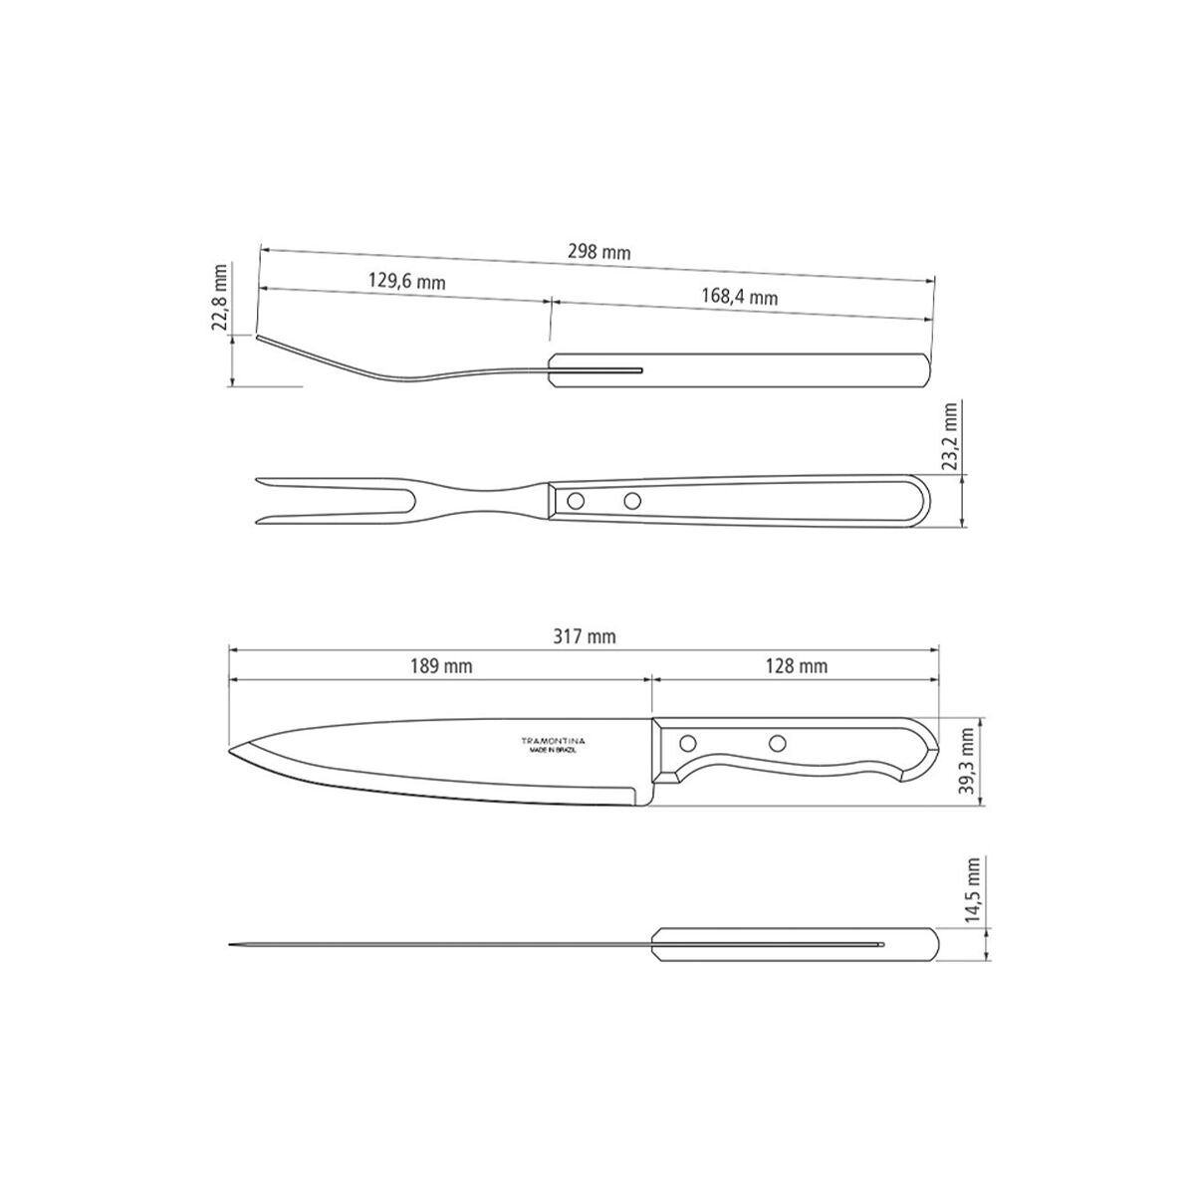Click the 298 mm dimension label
[598, 252]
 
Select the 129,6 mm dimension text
[407, 282]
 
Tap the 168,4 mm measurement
[739, 297]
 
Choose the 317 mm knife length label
[585, 637]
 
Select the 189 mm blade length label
[441, 666]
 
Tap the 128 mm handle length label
[797, 666]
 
